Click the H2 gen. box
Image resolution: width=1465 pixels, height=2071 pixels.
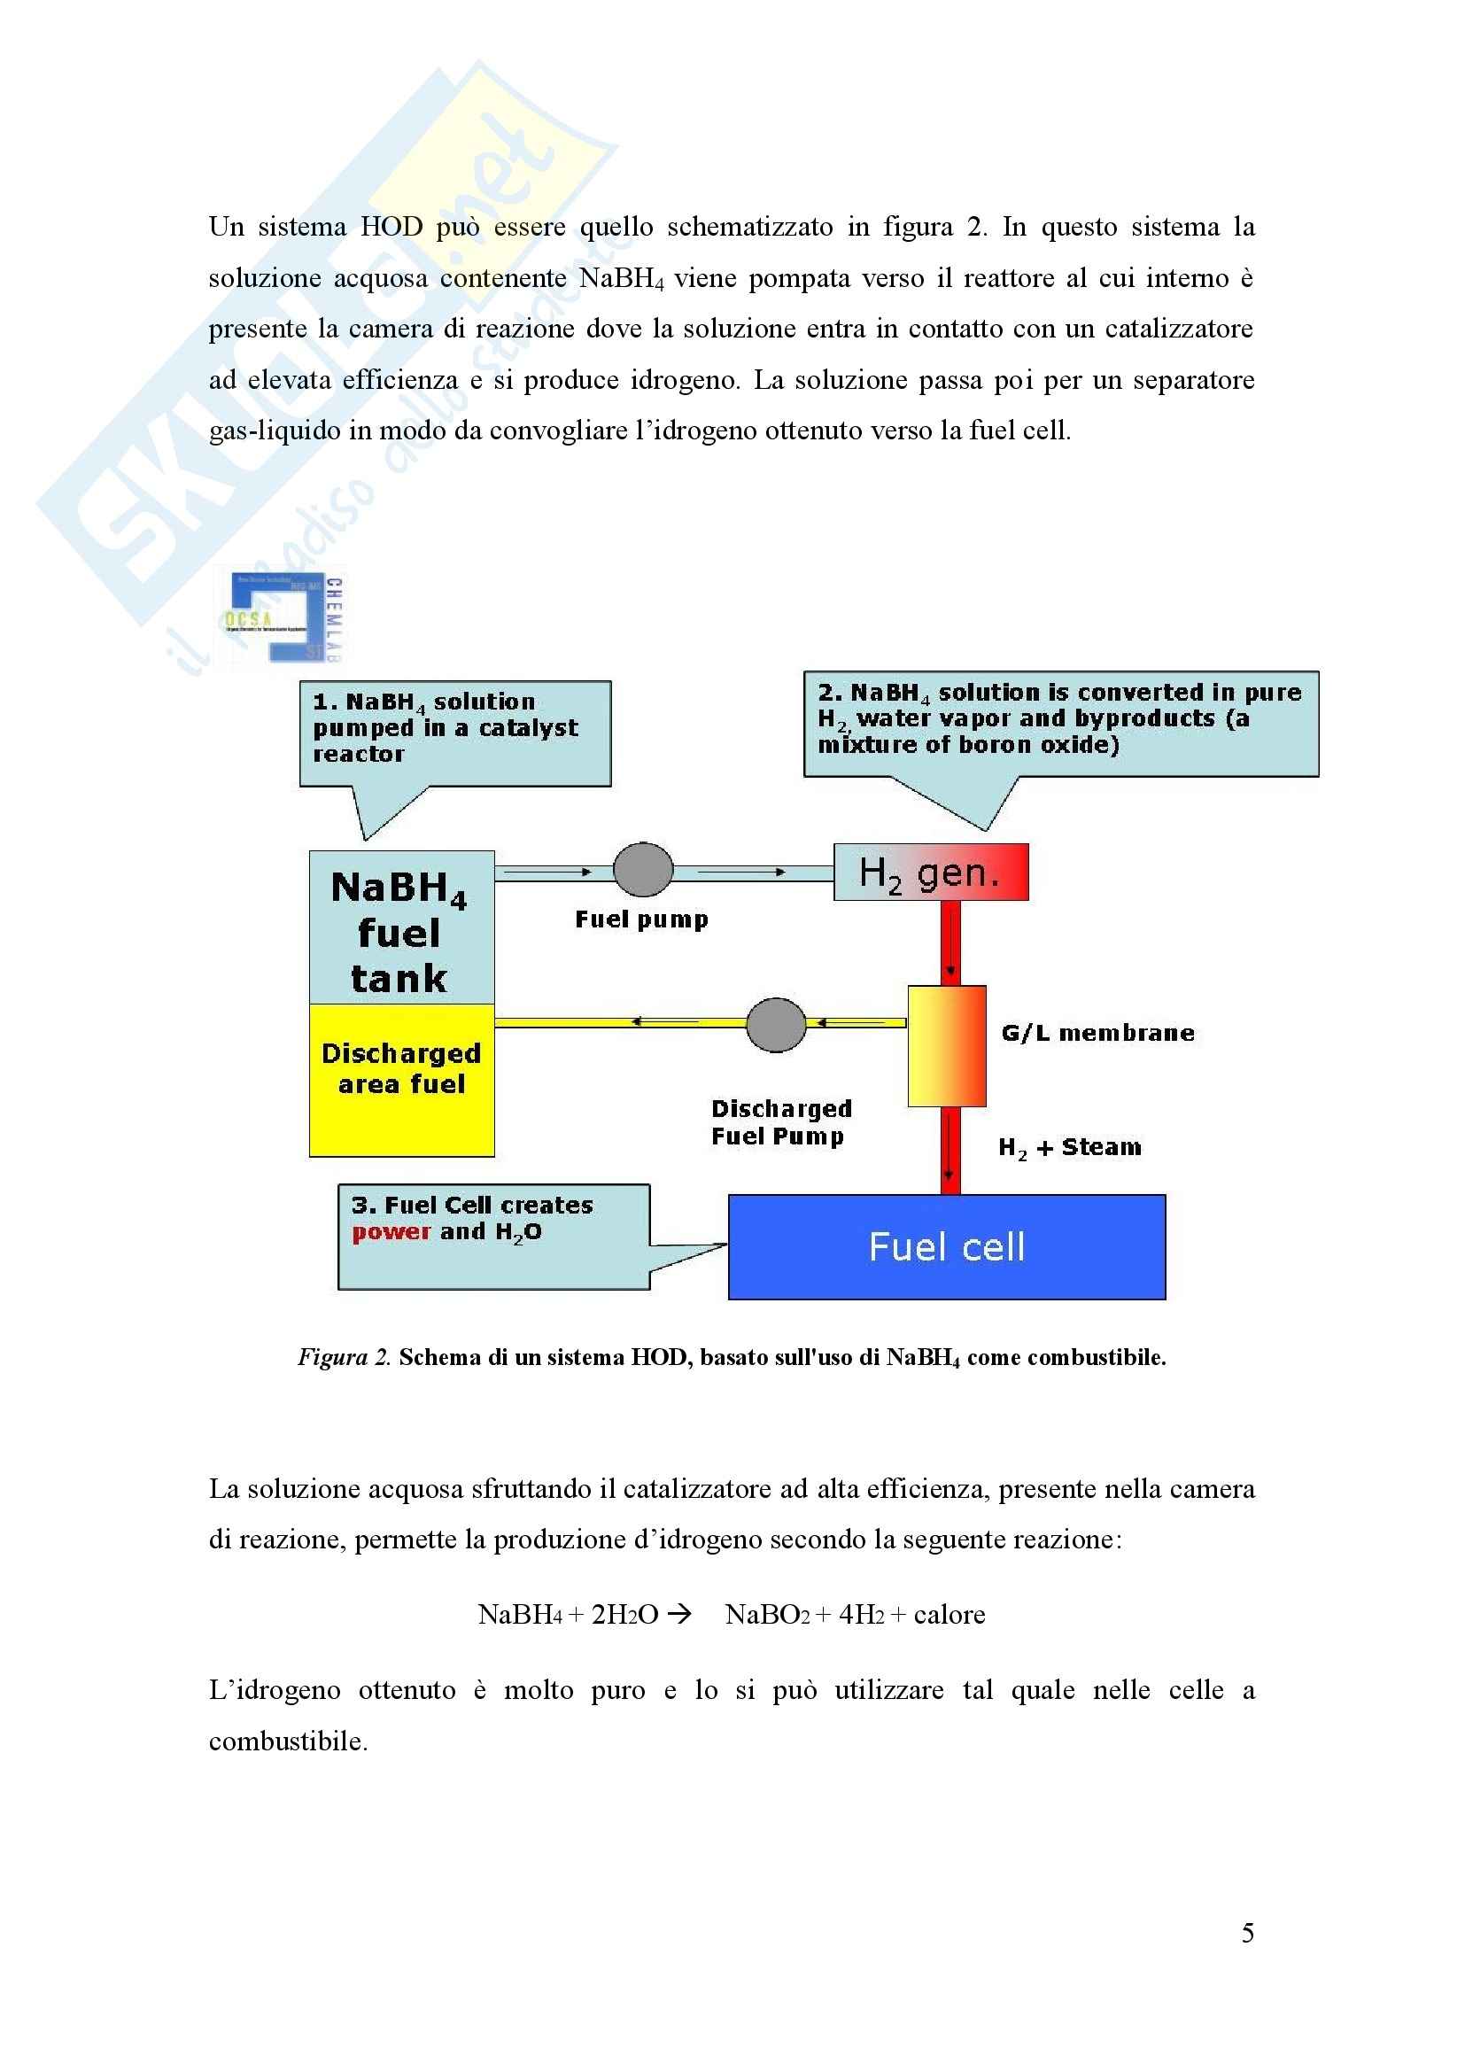tap(930, 873)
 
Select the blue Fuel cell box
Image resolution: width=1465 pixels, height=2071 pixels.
tap(946, 1246)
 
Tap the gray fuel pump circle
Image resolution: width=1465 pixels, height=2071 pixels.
tap(642, 870)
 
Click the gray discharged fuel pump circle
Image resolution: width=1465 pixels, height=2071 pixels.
tap(776, 1025)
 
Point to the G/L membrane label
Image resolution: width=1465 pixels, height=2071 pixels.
tap(1097, 1033)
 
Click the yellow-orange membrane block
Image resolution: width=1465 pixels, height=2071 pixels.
tap(946, 1045)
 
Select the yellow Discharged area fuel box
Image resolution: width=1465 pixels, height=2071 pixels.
tap(401, 1080)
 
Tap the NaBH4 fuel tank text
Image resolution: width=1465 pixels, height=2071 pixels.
tap(399, 932)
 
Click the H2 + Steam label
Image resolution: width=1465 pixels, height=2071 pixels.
tap(1069, 1147)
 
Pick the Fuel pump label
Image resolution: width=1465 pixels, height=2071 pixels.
tap(641, 919)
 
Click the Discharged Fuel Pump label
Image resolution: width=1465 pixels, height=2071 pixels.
tap(780, 1122)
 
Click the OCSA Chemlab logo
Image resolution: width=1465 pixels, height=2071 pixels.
tap(283, 619)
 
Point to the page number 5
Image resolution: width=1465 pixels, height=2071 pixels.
tap(1247, 1932)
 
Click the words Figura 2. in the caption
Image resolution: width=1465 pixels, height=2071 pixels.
tap(344, 1357)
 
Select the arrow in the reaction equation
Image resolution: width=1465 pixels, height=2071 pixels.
tap(678, 1614)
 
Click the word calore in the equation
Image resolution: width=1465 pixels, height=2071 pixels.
tap(949, 1614)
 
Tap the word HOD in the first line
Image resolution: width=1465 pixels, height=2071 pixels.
tap(391, 227)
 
